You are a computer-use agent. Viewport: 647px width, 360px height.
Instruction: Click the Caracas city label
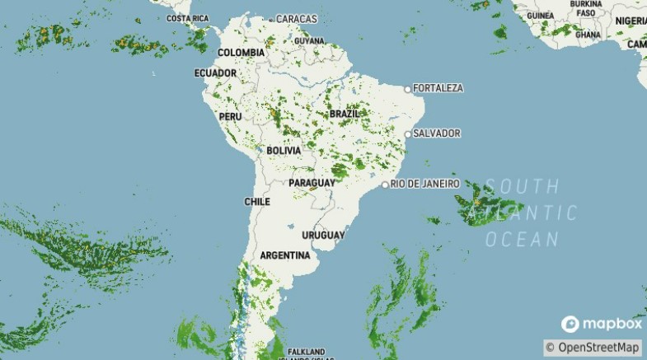(296, 18)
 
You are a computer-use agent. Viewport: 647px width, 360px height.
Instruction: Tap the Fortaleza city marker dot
(407, 89)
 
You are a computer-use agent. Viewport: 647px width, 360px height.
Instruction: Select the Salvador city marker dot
(407, 133)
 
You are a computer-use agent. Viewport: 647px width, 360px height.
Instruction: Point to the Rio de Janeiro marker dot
(385, 185)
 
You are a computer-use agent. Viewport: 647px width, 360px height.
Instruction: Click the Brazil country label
(344, 113)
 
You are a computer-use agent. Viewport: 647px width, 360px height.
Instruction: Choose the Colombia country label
(241, 53)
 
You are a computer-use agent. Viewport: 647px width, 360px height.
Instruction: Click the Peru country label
(230, 117)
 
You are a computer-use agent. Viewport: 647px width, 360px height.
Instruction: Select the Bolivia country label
(284, 151)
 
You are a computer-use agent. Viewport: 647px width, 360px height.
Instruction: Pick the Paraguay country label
(312, 182)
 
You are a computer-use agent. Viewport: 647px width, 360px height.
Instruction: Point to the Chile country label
(257, 201)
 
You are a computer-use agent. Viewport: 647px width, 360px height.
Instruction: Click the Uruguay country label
(323, 235)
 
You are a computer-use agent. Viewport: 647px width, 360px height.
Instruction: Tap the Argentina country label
(285, 255)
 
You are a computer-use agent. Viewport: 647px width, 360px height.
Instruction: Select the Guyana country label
(309, 40)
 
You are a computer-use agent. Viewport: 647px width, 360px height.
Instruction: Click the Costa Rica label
(187, 18)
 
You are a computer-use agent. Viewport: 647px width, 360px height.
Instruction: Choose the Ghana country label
(588, 35)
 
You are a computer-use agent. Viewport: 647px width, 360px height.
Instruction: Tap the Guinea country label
(540, 16)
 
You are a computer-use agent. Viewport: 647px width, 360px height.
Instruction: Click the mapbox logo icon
(570, 324)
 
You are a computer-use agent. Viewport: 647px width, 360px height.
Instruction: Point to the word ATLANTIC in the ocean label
(523, 213)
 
